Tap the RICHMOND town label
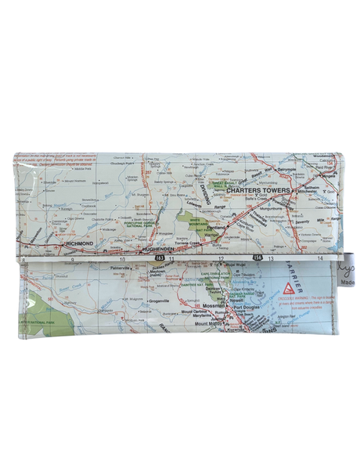click(82, 245)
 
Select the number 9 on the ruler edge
click(72, 258)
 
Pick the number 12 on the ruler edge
click(221, 258)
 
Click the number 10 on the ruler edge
click(121, 258)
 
